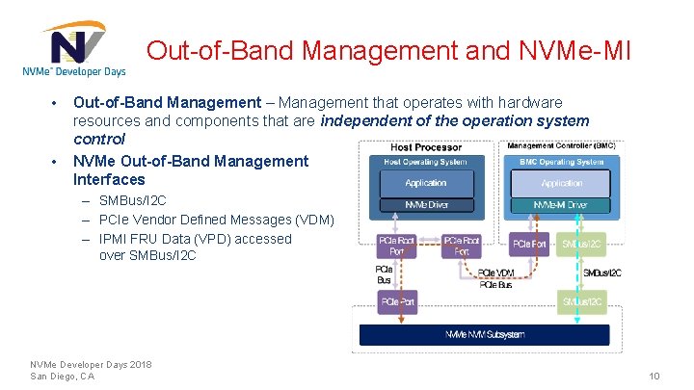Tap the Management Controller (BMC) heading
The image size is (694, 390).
562,146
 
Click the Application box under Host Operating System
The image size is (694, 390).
425,183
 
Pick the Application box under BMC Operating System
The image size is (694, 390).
562,183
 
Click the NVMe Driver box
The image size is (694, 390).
425,205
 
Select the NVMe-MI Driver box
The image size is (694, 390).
562,205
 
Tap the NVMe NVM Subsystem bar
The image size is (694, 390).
484,334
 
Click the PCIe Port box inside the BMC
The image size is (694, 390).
530,245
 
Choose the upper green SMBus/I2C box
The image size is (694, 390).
582,245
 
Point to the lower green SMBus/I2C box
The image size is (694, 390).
582,301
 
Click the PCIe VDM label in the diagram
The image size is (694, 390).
496,273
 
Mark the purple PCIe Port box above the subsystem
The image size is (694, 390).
397,301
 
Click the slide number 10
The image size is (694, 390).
654,376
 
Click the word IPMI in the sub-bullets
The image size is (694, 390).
116,239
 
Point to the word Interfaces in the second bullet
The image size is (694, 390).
109,179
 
